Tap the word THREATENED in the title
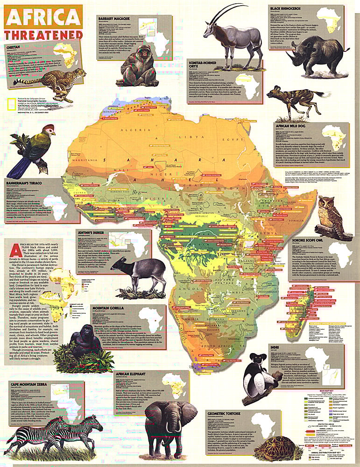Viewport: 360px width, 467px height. pyautogui.click(x=44, y=35)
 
